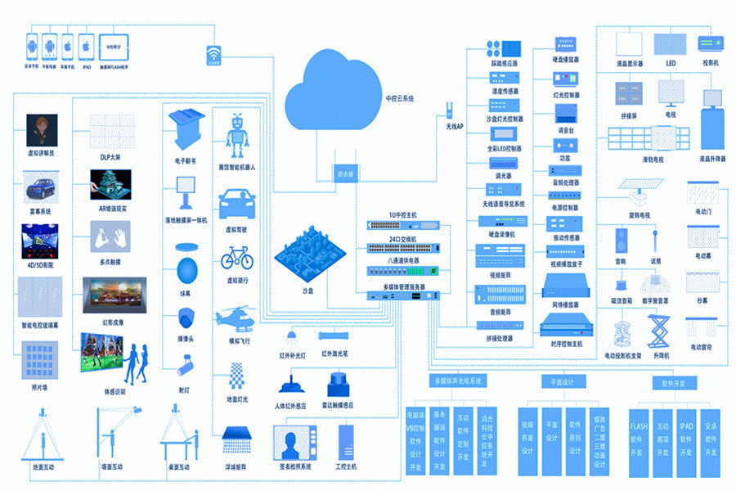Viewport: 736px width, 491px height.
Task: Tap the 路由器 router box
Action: coord(346,173)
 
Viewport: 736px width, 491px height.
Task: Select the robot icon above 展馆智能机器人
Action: coord(238,135)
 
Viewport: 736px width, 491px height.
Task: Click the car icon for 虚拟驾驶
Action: coord(237,204)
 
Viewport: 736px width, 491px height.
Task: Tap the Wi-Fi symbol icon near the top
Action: coord(213,54)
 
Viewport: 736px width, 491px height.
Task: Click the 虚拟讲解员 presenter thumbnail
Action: coord(42,130)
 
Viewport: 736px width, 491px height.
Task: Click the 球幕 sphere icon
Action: coord(187,268)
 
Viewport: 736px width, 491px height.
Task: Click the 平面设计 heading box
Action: coord(563,382)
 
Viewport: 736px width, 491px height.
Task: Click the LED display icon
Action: coord(670,44)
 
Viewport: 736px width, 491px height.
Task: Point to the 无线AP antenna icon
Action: coord(449,110)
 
